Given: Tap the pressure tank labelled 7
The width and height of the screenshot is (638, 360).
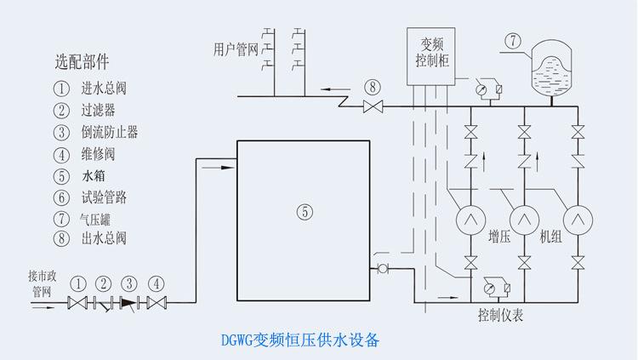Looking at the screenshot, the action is pyautogui.click(x=551, y=66).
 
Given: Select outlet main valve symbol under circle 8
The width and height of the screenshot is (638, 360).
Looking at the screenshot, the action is pyautogui.click(x=373, y=106).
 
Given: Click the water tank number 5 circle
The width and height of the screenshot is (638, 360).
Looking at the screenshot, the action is pyautogui.click(x=305, y=212).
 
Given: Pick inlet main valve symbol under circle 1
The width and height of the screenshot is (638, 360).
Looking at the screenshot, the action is pyautogui.click(x=77, y=303).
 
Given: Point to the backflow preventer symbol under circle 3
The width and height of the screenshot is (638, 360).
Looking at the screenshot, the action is pyautogui.click(x=129, y=303).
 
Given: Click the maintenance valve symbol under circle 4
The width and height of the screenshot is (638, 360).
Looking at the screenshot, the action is pyautogui.click(x=157, y=303).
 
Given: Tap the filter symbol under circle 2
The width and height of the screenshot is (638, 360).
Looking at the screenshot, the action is pyautogui.click(x=103, y=304).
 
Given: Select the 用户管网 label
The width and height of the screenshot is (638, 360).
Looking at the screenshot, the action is pyautogui.click(x=236, y=49).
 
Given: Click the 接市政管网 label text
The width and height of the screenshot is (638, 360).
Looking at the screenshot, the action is pyautogui.click(x=42, y=284).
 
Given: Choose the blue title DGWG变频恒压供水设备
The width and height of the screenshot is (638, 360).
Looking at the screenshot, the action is pyautogui.click(x=300, y=340).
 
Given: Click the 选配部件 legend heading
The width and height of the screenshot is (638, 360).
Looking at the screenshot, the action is pyautogui.click(x=82, y=62).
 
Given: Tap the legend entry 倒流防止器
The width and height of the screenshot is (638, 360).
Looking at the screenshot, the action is pyautogui.click(x=110, y=132).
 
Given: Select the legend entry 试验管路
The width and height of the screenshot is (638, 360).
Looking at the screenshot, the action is pyautogui.click(x=104, y=197).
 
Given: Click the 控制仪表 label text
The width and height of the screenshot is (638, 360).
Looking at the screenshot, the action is pyautogui.click(x=500, y=315).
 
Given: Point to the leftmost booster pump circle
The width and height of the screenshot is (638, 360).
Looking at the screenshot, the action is pyautogui.click(x=470, y=220).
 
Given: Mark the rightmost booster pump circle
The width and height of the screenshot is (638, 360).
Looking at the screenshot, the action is pyautogui.click(x=578, y=220).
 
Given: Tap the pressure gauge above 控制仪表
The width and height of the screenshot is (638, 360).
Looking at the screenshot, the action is pyautogui.click(x=489, y=289).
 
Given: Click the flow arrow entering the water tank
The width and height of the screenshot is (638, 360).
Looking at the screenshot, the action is pyautogui.click(x=219, y=168).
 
